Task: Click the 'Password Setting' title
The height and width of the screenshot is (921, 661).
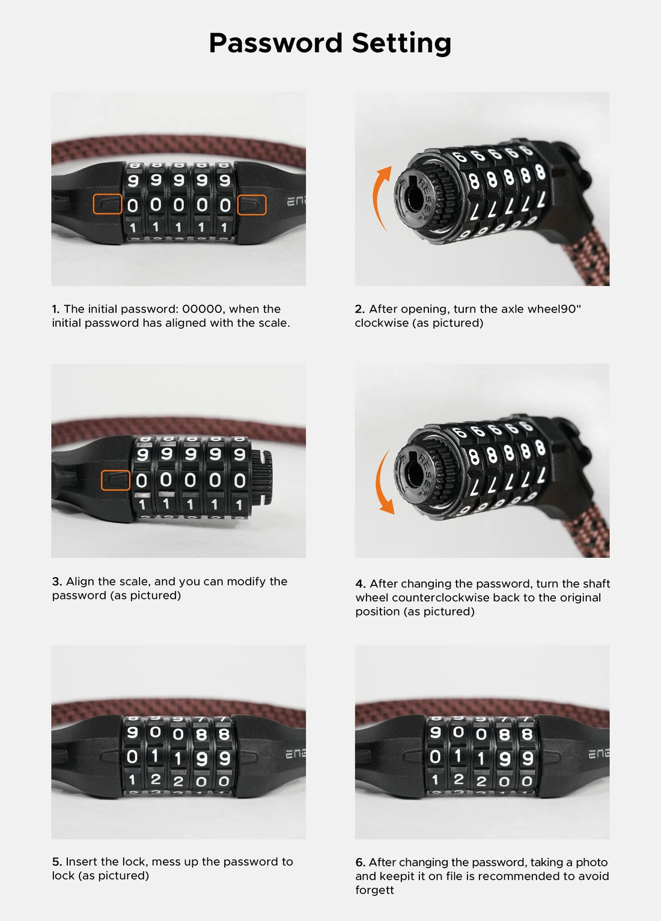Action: click(330, 43)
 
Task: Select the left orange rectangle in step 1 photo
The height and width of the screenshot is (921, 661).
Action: click(108, 204)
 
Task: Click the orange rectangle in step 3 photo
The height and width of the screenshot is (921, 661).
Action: click(115, 480)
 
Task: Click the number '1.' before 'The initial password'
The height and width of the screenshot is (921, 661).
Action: click(56, 309)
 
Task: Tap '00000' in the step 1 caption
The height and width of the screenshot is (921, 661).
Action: click(203, 309)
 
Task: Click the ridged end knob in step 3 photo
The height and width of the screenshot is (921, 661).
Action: click(261, 478)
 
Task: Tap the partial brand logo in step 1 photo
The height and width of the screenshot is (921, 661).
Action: click(296, 201)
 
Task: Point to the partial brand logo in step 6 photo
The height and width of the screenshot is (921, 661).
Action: click(599, 754)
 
